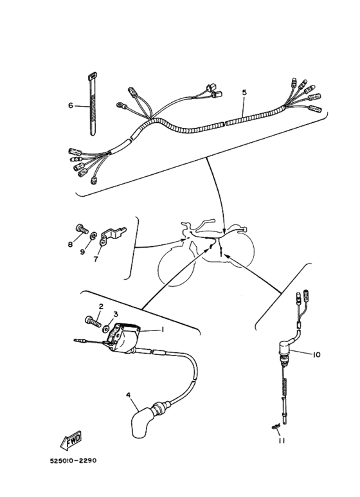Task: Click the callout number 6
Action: tap(71, 105)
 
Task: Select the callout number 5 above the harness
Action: tap(244, 93)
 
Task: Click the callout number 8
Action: tap(71, 245)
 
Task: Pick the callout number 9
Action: tap(82, 252)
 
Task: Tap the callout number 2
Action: tap(100, 307)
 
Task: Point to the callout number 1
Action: tap(163, 329)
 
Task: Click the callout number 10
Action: tap(316, 354)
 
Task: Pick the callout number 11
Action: tap(280, 440)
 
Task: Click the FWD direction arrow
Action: tap(67, 442)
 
